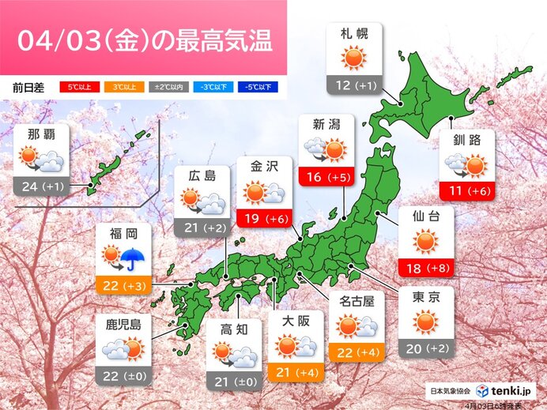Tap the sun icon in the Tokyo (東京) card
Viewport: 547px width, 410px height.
(425, 321)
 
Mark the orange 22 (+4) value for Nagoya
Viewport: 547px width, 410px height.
(356, 352)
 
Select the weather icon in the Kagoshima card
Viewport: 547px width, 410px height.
(122, 348)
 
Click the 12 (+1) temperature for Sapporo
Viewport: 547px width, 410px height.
(353, 84)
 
